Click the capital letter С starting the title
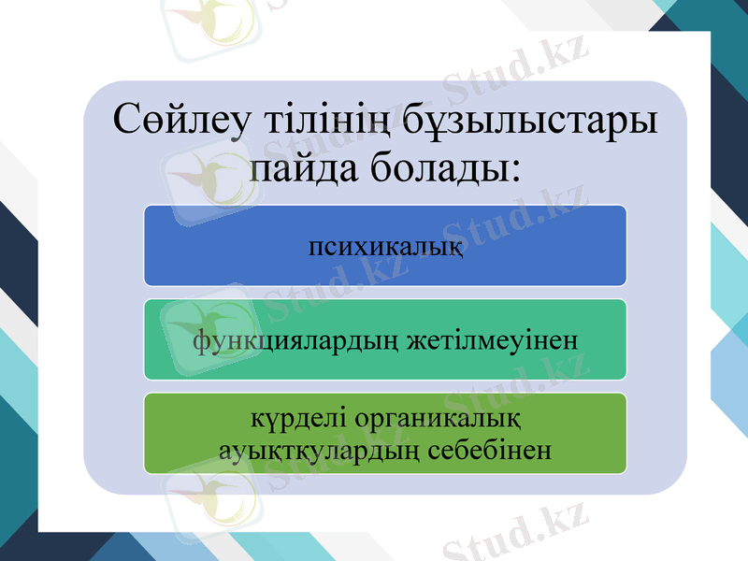tap(127, 122)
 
